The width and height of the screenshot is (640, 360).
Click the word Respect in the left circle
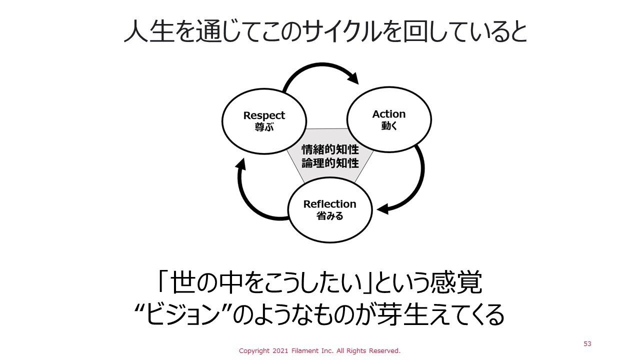[x=264, y=115]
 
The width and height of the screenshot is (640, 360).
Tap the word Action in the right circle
[x=388, y=114]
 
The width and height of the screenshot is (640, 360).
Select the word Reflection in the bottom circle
[x=329, y=204]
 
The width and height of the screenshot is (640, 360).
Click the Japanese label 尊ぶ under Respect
[x=264, y=127]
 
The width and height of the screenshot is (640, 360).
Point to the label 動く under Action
[x=388, y=125]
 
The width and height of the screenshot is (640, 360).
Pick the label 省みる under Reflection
[x=329, y=216]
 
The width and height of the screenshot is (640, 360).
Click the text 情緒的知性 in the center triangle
[x=330, y=150]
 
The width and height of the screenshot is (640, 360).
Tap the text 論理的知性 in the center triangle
[x=330, y=163]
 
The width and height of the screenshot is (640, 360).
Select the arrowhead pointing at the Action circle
[x=353, y=78]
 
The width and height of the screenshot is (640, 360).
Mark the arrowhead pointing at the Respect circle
[x=241, y=163]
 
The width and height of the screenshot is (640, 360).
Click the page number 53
[x=587, y=344]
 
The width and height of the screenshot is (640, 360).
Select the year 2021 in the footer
[x=284, y=351]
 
